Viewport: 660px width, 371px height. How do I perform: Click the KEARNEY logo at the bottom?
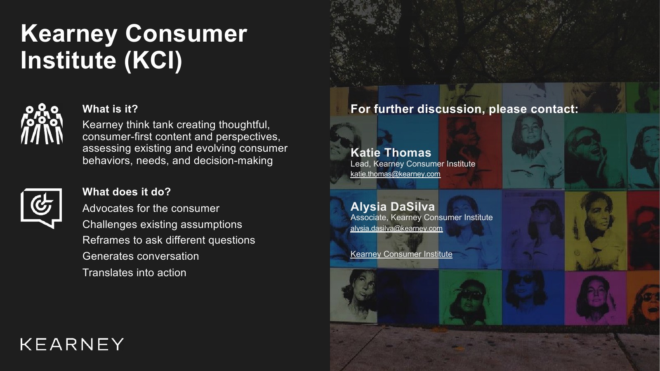(72, 344)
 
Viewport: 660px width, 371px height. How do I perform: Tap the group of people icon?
(42, 124)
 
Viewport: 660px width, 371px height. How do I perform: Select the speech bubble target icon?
(41, 208)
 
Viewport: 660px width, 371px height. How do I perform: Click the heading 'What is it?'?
(110, 109)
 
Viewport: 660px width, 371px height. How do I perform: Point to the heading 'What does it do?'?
(127, 192)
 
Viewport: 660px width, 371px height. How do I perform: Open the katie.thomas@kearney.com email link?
(396, 174)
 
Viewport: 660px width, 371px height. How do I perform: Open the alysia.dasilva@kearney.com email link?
(396, 228)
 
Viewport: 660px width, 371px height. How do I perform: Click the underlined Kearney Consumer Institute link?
(401, 254)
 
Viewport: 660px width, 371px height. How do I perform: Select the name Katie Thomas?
(391, 153)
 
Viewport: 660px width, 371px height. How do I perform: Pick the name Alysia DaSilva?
(393, 207)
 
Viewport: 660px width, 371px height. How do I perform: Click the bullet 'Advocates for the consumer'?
(151, 209)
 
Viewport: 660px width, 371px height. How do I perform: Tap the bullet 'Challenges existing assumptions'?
(163, 224)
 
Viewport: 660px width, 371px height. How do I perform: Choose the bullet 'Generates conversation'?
(141, 256)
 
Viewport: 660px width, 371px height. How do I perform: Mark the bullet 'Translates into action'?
(134, 272)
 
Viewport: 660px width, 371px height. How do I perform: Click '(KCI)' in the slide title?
(153, 60)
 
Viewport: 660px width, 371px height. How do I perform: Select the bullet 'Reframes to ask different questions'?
(169, 240)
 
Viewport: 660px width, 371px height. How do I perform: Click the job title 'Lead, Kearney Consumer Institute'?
(413, 164)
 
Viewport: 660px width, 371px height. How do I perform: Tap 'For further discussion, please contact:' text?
(464, 109)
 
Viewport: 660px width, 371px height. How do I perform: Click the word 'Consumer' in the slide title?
(186, 33)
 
